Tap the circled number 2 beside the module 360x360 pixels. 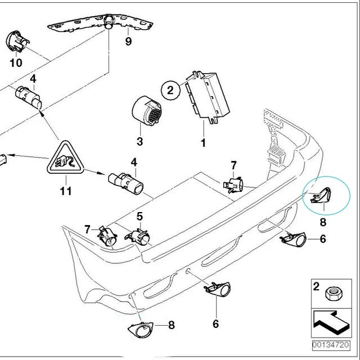click(170, 89)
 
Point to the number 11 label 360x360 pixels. click(66, 192)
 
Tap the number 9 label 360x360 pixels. click(128, 42)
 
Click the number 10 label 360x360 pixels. click(16, 62)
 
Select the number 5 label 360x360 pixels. click(139, 215)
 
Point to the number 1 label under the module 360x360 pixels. click(203, 143)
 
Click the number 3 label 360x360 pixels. click(139, 141)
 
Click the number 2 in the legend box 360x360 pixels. click(317, 287)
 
